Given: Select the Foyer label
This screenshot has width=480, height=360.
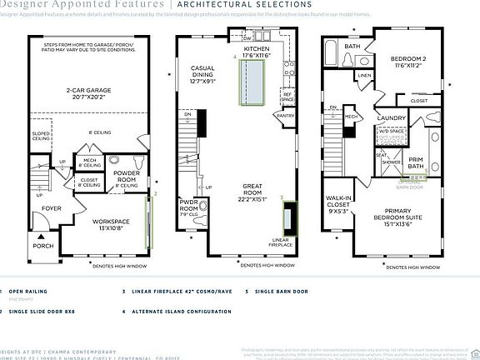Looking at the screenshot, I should point(52,208).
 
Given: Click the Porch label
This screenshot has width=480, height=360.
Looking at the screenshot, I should point(42,246).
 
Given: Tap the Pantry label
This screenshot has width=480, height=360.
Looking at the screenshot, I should point(286,116).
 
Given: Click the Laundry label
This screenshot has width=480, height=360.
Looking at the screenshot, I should point(391,119).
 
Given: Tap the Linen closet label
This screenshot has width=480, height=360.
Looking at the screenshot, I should point(364,76).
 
